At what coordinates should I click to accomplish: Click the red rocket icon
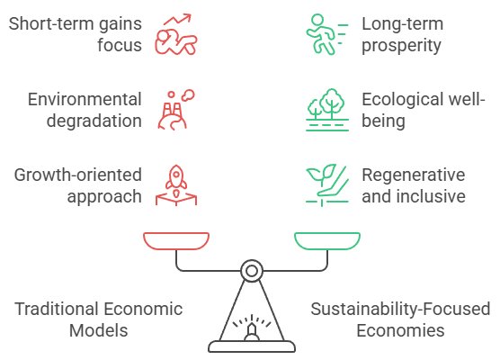(x=176, y=185)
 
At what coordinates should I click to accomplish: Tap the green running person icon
(x=326, y=34)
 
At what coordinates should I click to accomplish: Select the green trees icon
(x=327, y=110)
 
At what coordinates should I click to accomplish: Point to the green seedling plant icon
(x=327, y=185)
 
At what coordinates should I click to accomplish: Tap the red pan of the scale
(x=176, y=241)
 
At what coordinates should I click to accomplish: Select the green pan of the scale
(x=327, y=241)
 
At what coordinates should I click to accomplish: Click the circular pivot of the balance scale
(x=252, y=271)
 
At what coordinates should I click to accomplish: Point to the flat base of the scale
(x=252, y=346)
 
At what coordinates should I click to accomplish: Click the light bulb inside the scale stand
(x=252, y=332)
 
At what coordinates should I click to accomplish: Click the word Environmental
(x=85, y=99)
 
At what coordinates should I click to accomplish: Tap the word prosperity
(x=401, y=46)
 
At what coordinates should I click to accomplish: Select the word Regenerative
(x=414, y=175)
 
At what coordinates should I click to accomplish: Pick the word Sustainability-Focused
(x=400, y=309)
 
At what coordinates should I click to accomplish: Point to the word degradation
(x=94, y=121)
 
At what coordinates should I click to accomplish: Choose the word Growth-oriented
(x=78, y=175)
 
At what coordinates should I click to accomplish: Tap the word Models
(x=99, y=330)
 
